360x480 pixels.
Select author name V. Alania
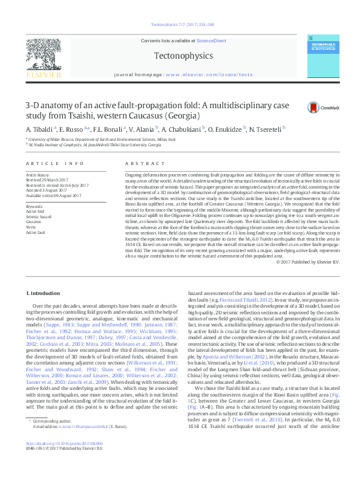(x=142, y=129)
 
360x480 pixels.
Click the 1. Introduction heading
(x=44, y=293)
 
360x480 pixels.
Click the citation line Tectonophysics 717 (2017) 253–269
(x=180, y=25)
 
